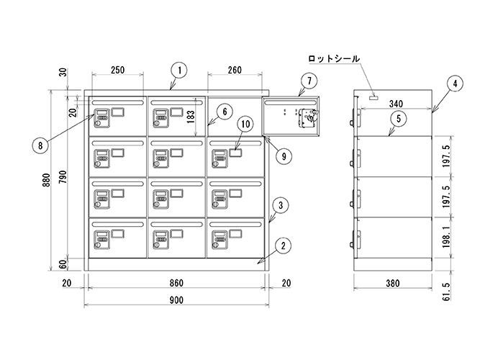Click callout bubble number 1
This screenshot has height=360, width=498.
tap(180, 71)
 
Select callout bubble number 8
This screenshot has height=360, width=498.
tap(40, 146)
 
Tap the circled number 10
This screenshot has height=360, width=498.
tap(246, 124)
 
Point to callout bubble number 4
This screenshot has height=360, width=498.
tap(455, 84)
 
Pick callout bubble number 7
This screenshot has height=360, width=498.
tap(309, 81)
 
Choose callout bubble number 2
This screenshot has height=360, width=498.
tap(284, 246)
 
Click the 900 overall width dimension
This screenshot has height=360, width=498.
tap(176, 300)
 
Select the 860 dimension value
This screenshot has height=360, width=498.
tap(176, 283)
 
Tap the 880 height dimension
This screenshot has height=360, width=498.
tap(46, 180)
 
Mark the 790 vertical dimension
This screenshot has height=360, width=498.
tap(63, 177)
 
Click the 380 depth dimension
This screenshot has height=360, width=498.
tap(393, 283)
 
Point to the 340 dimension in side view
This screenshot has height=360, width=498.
tap(396, 104)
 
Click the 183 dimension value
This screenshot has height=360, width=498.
tap(191, 117)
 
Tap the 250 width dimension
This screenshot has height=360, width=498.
tap(117, 70)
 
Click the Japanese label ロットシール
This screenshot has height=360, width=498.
tap(334, 59)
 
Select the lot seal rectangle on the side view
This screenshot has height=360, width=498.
tap(373, 97)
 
